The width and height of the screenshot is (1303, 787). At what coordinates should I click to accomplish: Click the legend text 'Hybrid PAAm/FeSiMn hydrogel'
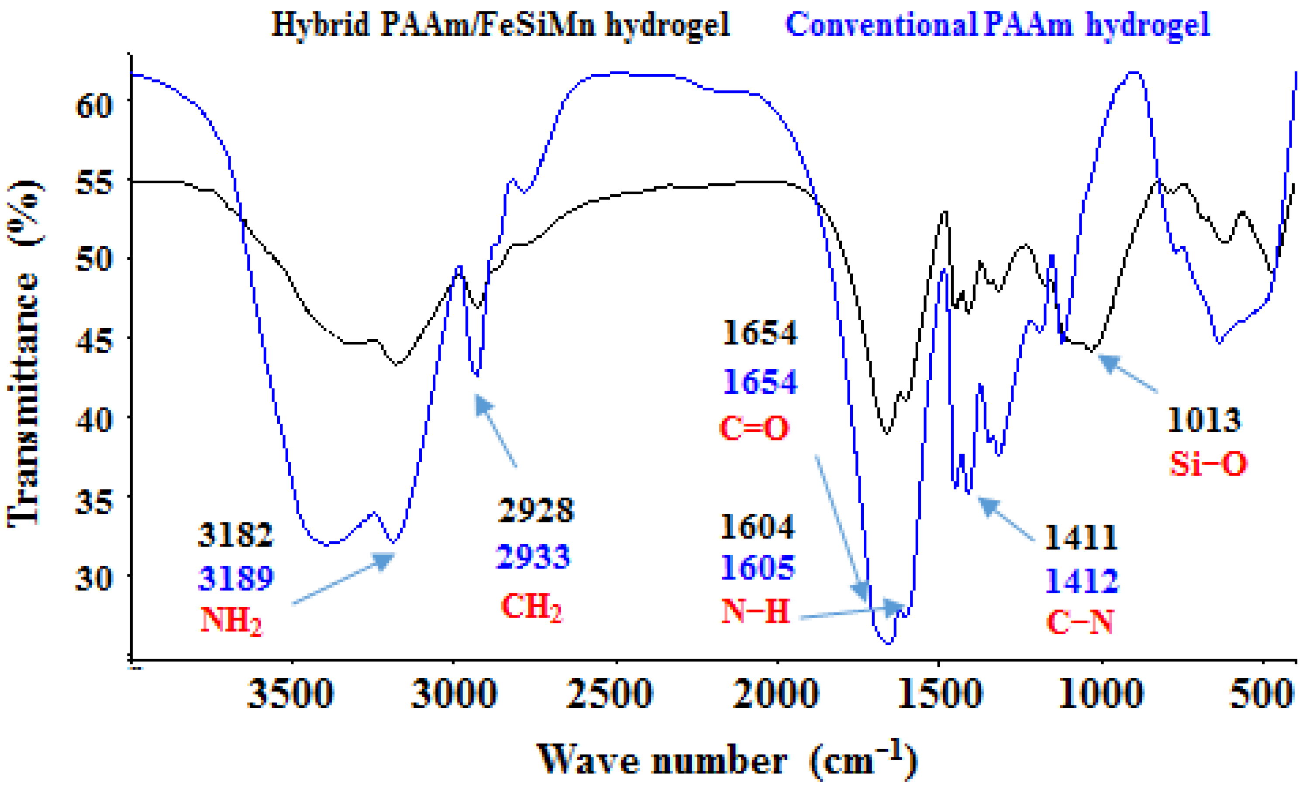[500, 24]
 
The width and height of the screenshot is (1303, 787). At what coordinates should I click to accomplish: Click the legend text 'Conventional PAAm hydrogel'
[998, 24]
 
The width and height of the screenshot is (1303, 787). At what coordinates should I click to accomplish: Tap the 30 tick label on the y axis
[95, 577]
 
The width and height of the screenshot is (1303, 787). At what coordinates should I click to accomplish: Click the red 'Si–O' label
[1208, 464]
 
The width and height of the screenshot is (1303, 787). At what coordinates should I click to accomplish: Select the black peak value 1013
[1203, 421]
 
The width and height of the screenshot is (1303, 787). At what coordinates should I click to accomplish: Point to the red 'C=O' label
[754, 428]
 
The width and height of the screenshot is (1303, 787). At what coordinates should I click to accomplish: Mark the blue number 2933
[533, 557]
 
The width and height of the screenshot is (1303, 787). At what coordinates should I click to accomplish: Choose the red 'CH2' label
[531, 606]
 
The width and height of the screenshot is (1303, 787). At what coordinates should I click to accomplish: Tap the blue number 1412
[1082, 581]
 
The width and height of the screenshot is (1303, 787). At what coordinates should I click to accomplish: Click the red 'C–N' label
[1080, 622]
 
